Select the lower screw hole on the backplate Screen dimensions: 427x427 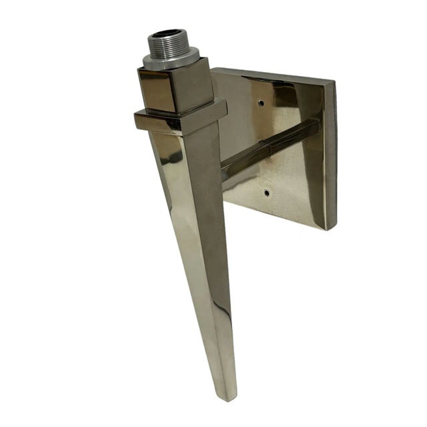click(x=266, y=193)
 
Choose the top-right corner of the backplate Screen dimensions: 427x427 click(x=334, y=83)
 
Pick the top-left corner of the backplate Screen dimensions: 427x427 click(x=215, y=69)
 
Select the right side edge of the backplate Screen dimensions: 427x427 click(x=331, y=157)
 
